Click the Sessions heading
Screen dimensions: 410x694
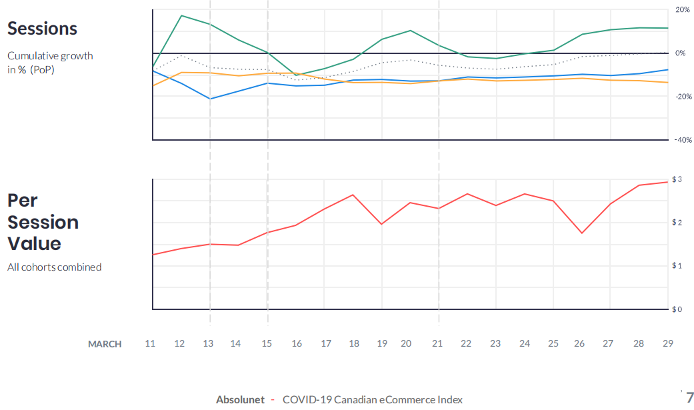tap(42, 29)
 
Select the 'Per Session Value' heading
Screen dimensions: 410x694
tap(43, 222)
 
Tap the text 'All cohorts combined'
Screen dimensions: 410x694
tap(55, 267)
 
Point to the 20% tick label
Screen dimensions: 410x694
tap(683, 10)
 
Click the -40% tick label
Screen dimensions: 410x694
tap(683, 140)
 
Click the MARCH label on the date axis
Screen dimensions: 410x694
tap(105, 344)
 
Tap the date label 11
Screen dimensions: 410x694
tap(150, 343)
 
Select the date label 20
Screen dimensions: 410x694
tap(406, 343)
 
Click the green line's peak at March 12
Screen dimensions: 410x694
tap(181, 15)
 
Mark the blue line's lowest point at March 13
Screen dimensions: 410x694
tap(210, 99)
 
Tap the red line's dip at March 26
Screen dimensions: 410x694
tap(582, 233)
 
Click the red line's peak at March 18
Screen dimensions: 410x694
tap(353, 195)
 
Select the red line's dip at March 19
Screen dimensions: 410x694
tap(381, 224)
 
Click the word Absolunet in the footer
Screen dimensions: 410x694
tap(240, 399)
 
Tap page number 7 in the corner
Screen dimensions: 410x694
tap(690, 397)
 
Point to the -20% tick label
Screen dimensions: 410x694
tap(683, 97)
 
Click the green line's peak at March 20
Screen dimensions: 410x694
tap(410, 30)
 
